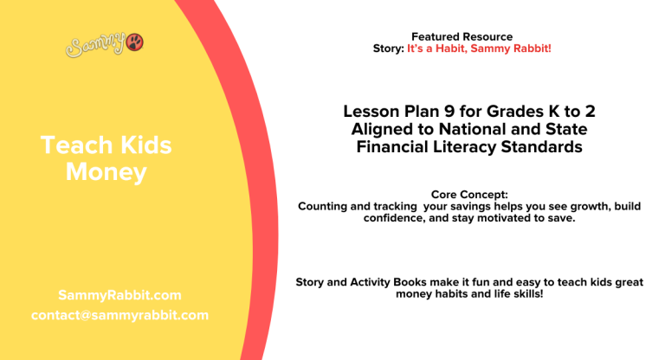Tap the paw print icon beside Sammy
[135, 42]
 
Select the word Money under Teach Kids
[107, 172]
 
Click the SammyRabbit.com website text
[119, 295]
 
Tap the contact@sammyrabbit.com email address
[119, 315]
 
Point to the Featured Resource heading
[462, 36]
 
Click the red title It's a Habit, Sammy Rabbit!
[479, 48]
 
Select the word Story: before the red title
[388, 48]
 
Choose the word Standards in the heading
[542, 148]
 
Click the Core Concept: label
[468, 195]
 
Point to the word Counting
[323, 206]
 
